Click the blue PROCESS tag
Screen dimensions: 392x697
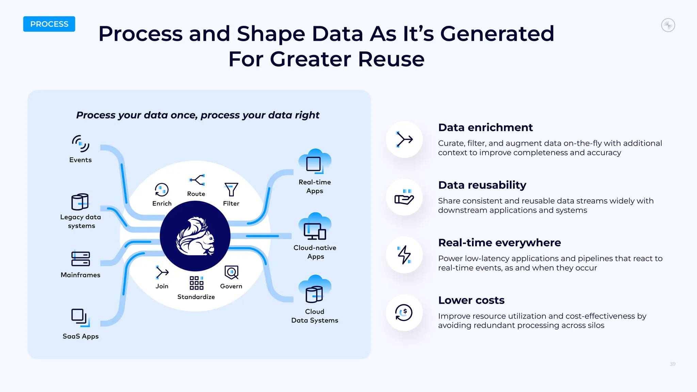[49, 24]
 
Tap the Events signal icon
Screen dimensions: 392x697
[81, 144]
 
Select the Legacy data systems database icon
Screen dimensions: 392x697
[80, 202]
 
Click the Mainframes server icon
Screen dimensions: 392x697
[81, 259]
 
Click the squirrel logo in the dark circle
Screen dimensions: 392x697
[195, 236]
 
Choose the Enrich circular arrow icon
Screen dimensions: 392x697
[162, 190]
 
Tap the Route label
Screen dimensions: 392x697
[196, 194]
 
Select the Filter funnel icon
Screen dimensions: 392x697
[231, 189]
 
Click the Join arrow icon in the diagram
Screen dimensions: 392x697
[162, 273]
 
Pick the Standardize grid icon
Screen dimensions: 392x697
[196, 283]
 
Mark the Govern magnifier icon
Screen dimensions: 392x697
[231, 273]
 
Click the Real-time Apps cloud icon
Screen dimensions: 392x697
[315, 162]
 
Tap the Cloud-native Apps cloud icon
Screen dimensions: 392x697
[315, 227]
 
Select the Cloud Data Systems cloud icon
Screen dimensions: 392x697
[315, 290]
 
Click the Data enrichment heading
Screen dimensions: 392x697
[485, 128]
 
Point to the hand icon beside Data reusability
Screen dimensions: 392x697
[404, 197]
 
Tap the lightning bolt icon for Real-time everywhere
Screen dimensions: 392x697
[404, 255]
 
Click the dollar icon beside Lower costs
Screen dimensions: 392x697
[404, 312]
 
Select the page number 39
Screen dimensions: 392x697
[672, 364]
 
